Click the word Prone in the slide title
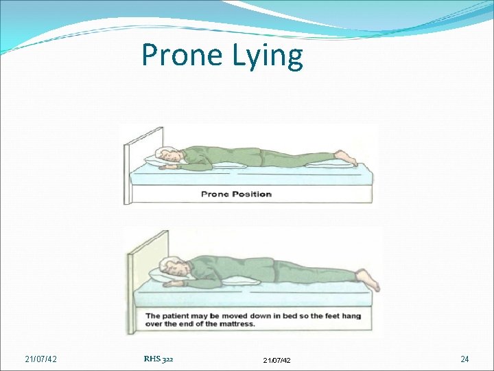[179, 55]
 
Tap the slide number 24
[464, 359]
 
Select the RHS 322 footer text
[158, 358]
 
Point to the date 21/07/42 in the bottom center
[277, 359]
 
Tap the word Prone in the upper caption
[215, 194]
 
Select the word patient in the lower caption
[180, 315]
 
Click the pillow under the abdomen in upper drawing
[228, 166]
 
